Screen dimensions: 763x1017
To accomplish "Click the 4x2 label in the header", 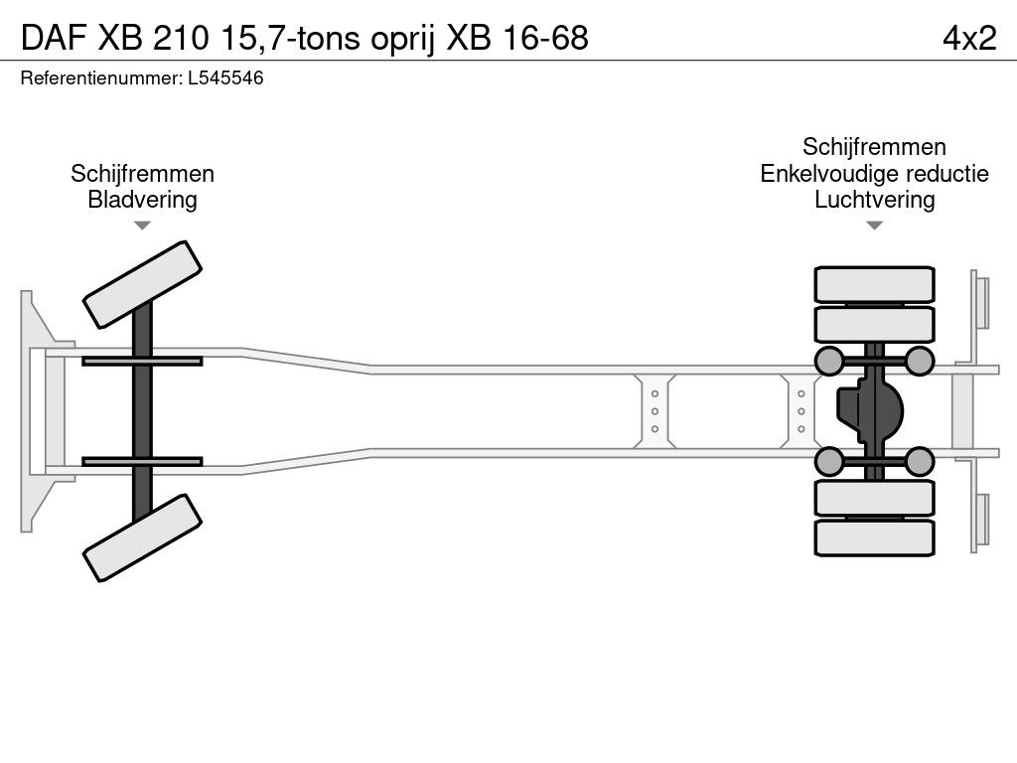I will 969,38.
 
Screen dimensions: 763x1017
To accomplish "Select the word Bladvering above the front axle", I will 142,200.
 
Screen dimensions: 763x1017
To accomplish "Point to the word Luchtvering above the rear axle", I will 874,200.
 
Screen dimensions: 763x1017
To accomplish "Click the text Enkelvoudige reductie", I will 874,174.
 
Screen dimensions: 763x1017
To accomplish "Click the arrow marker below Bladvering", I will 142,226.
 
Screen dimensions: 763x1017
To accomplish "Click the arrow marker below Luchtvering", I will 874,226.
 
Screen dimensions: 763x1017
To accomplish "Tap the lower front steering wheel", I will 142,537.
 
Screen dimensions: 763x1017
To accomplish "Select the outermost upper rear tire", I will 874,284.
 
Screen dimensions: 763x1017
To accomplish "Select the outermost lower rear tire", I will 874,537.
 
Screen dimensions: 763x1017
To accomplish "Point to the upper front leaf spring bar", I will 142,361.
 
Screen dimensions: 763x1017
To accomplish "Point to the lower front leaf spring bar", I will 142,461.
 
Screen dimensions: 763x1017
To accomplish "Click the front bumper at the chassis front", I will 35,409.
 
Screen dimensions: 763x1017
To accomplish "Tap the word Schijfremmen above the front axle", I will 142,174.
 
